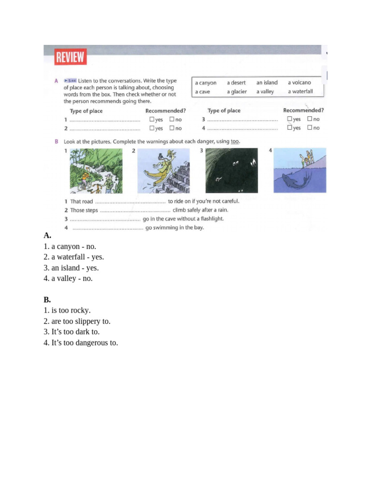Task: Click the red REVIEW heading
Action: (x=70, y=57)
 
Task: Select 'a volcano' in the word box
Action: (x=299, y=82)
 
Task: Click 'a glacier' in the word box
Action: (x=237, y=92)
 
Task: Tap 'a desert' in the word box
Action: (x=236, y=82)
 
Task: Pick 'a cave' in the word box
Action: (x=202, y=92)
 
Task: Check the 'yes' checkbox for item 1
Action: (x=152, y=119)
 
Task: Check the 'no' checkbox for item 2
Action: (x=171, y=128)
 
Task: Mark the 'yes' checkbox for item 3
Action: (x=289, y=119)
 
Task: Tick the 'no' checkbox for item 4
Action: (x=309, y=128)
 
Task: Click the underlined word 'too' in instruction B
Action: (x=234, y=141)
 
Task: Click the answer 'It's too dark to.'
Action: (x=75, y=332)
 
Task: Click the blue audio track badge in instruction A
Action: (x=71, y=81)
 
